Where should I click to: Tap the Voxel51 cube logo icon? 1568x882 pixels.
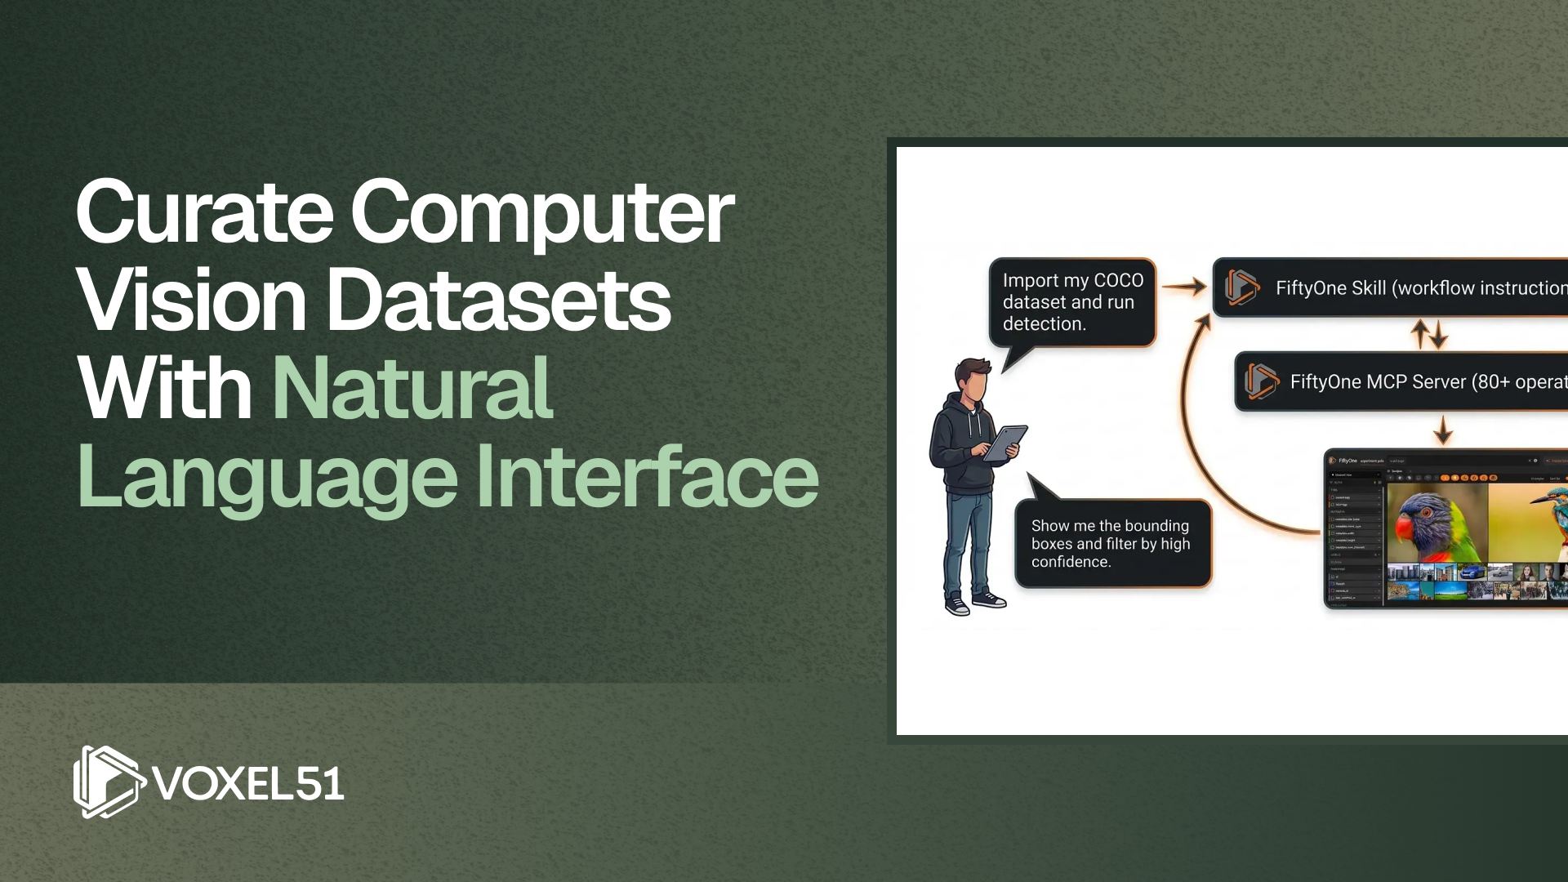(x=107, y=782)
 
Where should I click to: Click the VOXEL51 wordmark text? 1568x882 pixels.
(x=248, y=784)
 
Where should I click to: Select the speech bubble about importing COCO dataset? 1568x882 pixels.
(x=1072, y=302)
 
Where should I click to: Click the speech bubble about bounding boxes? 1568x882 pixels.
(x=1112, y=543)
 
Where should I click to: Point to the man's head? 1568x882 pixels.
(x=973, y=381)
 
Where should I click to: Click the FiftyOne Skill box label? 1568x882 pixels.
(x=1421, y=288)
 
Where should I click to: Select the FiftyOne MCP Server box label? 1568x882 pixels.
(x=1428, y=382)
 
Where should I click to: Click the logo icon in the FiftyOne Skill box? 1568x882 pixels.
(x=1241, y=287)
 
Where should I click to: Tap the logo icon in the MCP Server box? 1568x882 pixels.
(x=1261, y=381)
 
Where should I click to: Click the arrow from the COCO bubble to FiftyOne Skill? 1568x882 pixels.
(x=1183, y=287)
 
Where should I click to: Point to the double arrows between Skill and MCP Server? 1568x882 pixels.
(x=1429, y=334)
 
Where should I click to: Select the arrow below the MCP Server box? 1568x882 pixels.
(x=1443, y=430)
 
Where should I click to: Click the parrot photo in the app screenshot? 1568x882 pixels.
(x=1437, y=522)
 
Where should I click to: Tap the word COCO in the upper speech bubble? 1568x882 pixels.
(x=1118, y=280)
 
